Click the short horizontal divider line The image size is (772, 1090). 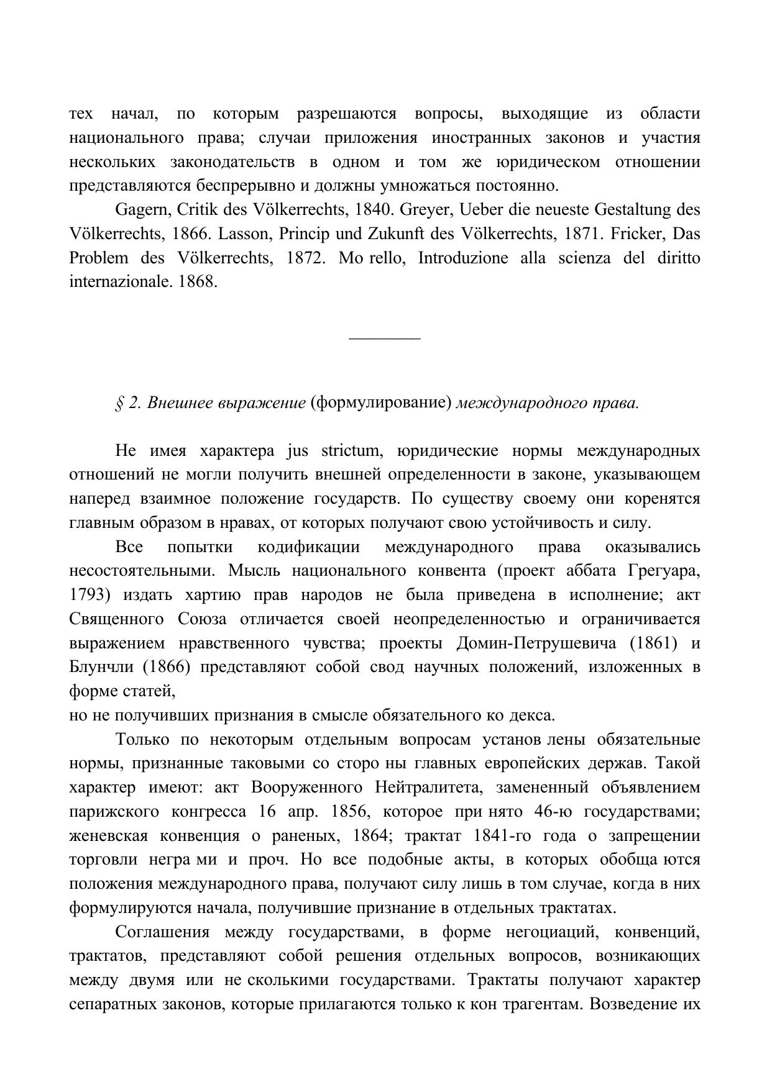coord(385,338)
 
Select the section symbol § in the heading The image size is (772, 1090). coord(119,404)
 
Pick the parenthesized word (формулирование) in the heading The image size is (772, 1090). coord(380,404)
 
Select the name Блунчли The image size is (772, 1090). coord(99,668)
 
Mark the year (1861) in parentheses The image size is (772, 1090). coord(653,643)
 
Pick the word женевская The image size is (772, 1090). coord(108,836)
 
